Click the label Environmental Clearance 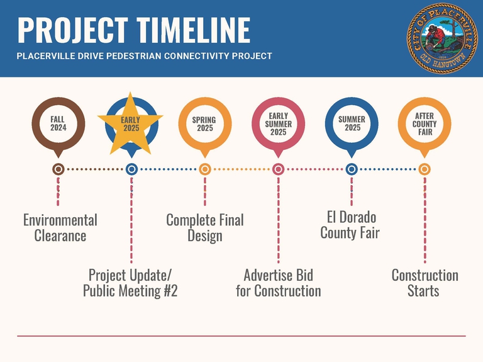coord(60,228)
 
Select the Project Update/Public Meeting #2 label coord(130,283)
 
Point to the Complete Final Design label coord(205,228)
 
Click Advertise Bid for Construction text coord(279,283)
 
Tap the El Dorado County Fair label coord(350,225)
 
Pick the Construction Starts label coord(425,283)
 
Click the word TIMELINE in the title coord(194,30)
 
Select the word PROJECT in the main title coord(73,30)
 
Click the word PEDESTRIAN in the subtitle coord(135,56)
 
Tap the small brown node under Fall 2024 coord(58,169)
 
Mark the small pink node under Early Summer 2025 coord(278,169)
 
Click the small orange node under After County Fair coord(425,169)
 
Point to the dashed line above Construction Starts coord(425,220)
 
